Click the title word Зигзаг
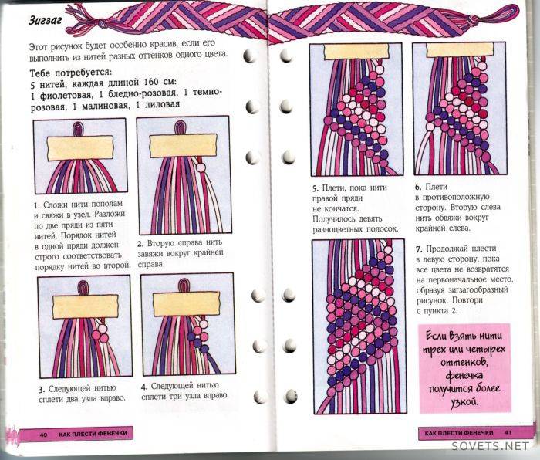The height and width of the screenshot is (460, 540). pos(46,20)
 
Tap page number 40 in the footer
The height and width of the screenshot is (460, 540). pos(43,435)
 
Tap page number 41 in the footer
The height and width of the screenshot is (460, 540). pos(508,432)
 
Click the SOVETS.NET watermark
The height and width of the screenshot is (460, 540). pos(490,446)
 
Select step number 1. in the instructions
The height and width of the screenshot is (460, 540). pos(36,206)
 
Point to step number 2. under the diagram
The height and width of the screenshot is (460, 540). pos(140,245)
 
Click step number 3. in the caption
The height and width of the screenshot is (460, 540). pos(42,390)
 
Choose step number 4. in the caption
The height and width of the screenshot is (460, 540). pos(144,387)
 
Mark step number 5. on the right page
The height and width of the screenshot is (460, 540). pos(316,188)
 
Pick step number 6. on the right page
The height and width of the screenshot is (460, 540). pos(418,187)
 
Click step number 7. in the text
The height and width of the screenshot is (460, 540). pos(419,249)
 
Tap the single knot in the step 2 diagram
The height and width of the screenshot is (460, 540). pos(201,167)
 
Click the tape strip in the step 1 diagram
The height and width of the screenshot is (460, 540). pos(80,148)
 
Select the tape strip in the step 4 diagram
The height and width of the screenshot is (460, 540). pos(187,304)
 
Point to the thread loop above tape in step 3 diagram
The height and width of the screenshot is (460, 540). pos(83,287)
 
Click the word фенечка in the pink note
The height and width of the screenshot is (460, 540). pos(464,376)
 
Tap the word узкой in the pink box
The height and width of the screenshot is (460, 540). pos(464,402)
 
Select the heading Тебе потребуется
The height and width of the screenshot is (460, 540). pos(71,73)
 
